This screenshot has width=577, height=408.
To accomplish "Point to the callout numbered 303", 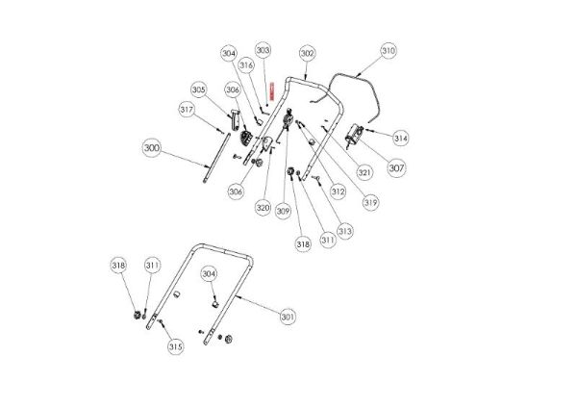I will click(263, 50).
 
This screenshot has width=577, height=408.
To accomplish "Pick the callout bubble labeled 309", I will click(283, 210).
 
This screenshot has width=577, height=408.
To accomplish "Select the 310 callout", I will click(388, 50).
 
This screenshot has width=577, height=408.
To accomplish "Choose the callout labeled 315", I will click(175, 346).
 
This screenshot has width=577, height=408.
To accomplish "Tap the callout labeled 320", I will click(262, 207).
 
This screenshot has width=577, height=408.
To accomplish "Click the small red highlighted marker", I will click(272, 90).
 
